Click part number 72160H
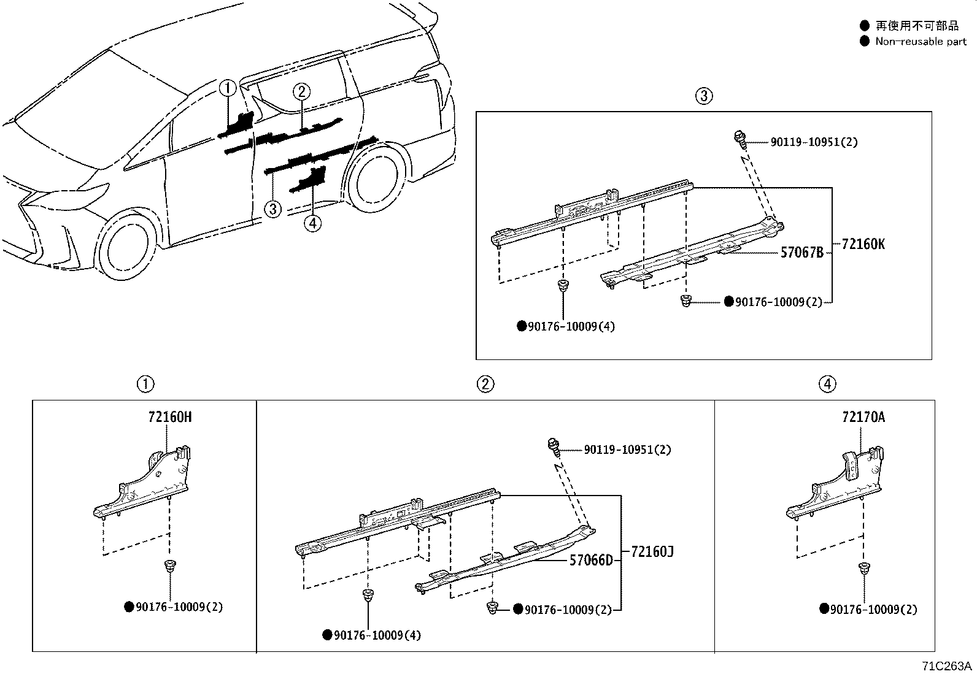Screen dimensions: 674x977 (169, 417)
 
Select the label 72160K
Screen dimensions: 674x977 (863, 244)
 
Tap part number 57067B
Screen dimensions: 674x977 (801, 252)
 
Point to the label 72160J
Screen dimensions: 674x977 (652, 552)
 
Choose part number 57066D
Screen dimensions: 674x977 (590, 560)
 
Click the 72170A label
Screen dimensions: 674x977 (863, 417)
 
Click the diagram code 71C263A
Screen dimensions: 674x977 (945, 666)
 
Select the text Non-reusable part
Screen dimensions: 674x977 (921, 42)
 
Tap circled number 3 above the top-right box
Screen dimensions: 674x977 (704, 96)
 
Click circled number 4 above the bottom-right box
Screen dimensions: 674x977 (827, 385)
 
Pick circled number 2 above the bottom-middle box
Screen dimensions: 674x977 (485, 385)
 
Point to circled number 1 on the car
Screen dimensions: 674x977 (228, 88)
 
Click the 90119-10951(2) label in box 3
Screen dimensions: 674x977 (814, 142)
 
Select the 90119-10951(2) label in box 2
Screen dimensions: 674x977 (627, 450)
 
